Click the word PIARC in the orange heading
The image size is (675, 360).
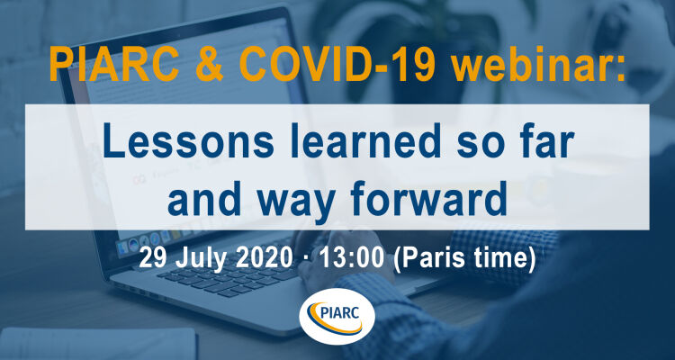tap(108, 65)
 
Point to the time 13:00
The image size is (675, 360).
tap(350, 257)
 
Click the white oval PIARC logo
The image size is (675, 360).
tap(337, 317)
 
